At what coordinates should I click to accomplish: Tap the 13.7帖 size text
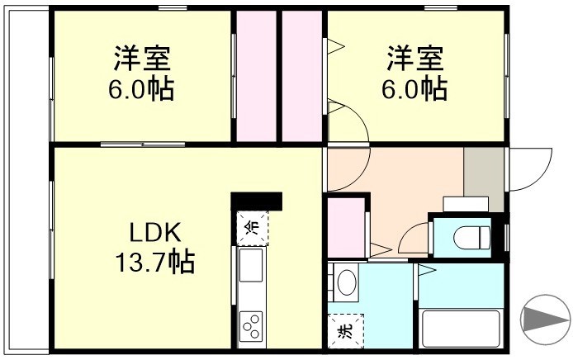click(x=154, y=262)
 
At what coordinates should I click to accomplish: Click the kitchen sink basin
click(x=251, y=266)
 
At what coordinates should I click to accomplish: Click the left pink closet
click(x=258, y=76)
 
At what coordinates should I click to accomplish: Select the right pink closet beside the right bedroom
click(x=301, y=76)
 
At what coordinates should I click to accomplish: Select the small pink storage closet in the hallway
click(x=344, y=226)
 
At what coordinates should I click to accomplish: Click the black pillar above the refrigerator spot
click(x=257, y=201)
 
